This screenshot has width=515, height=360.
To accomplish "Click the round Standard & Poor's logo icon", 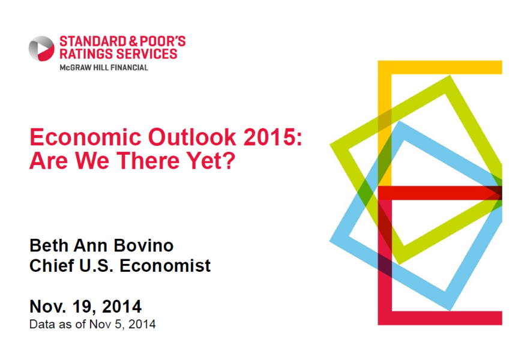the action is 41,49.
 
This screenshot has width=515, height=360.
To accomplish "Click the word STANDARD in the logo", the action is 93,41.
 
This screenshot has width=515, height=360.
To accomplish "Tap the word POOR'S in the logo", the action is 163,41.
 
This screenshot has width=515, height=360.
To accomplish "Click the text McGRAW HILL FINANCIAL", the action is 104,68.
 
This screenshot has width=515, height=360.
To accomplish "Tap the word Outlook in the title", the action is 192,137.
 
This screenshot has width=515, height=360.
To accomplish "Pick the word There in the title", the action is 148,160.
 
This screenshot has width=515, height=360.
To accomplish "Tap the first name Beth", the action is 49,245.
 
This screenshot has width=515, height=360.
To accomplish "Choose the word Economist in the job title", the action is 165,265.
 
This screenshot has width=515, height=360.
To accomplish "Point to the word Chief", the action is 52,265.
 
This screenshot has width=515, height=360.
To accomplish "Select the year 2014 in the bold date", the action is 122,307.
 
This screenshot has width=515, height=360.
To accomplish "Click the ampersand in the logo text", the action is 133,41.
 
